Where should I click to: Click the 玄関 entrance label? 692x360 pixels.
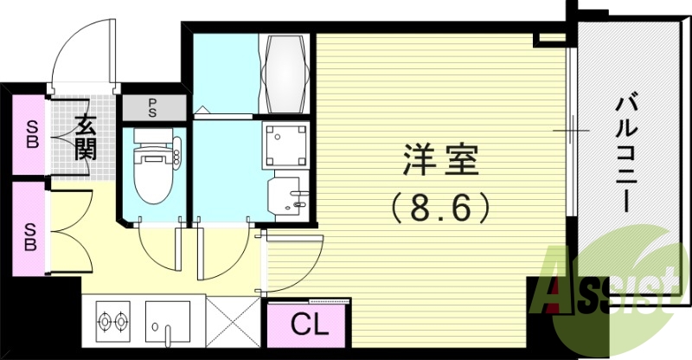(85, 137)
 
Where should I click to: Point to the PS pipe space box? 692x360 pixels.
(152, 108)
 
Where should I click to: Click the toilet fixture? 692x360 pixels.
(153, 166)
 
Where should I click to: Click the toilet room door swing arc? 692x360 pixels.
(157, 251)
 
